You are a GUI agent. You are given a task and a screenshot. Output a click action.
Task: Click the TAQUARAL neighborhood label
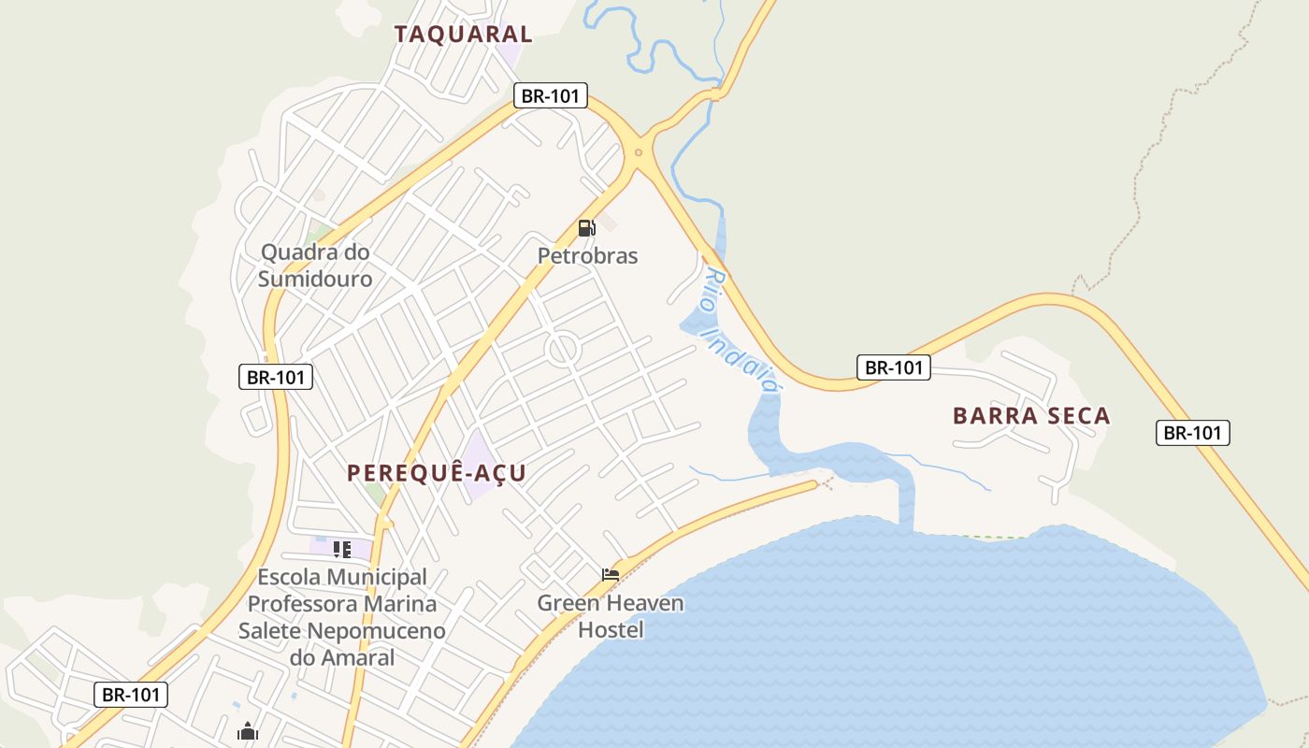pos(463,35)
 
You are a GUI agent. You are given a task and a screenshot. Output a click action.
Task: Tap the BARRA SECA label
pos(1031,416)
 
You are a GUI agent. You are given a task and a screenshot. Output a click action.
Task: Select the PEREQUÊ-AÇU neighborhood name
pos(437,473)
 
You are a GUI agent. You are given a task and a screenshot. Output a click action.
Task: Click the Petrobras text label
pos(587,255)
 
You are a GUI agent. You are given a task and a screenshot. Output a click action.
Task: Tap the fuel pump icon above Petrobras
pos(586,227)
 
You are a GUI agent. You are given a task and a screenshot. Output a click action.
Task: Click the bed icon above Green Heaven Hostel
pos(611,574)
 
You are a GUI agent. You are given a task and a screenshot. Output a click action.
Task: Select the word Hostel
pos(611,629)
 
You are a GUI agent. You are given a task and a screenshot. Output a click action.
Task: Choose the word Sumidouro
pos(315,279)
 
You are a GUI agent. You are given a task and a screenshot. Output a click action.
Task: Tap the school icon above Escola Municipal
pos(341,549)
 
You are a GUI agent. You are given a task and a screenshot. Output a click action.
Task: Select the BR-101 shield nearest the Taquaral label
pos(550,95)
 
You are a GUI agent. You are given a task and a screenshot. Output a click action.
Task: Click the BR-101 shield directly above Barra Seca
pos(894,367)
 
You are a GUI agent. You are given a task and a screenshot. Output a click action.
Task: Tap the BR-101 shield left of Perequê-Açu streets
pos(275,378)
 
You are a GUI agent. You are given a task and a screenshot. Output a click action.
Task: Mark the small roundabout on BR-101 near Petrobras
pos(639,151)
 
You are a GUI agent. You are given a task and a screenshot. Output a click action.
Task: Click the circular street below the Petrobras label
pos(564,349)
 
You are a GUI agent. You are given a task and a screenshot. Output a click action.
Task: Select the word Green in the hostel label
pos(568,603)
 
